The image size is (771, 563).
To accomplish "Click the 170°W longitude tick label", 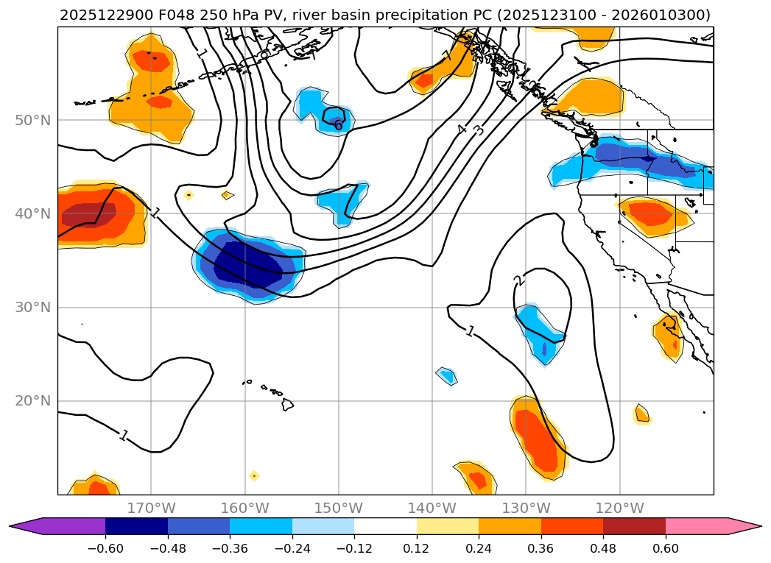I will pyautogui.click(x=151, y=508).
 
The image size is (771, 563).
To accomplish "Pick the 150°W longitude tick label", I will pyautogui.click(x=339, y=508).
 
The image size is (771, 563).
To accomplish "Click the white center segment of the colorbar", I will pyautogui.click(x=385, y=526).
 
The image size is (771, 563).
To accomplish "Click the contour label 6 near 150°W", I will pyautogui.click(x=338, y=125).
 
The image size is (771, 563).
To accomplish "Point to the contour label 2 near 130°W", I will pyautogui.click(x=518, y=280).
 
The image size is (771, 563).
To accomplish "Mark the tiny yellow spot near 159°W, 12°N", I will pyautogui.click(x=254, y=475).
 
